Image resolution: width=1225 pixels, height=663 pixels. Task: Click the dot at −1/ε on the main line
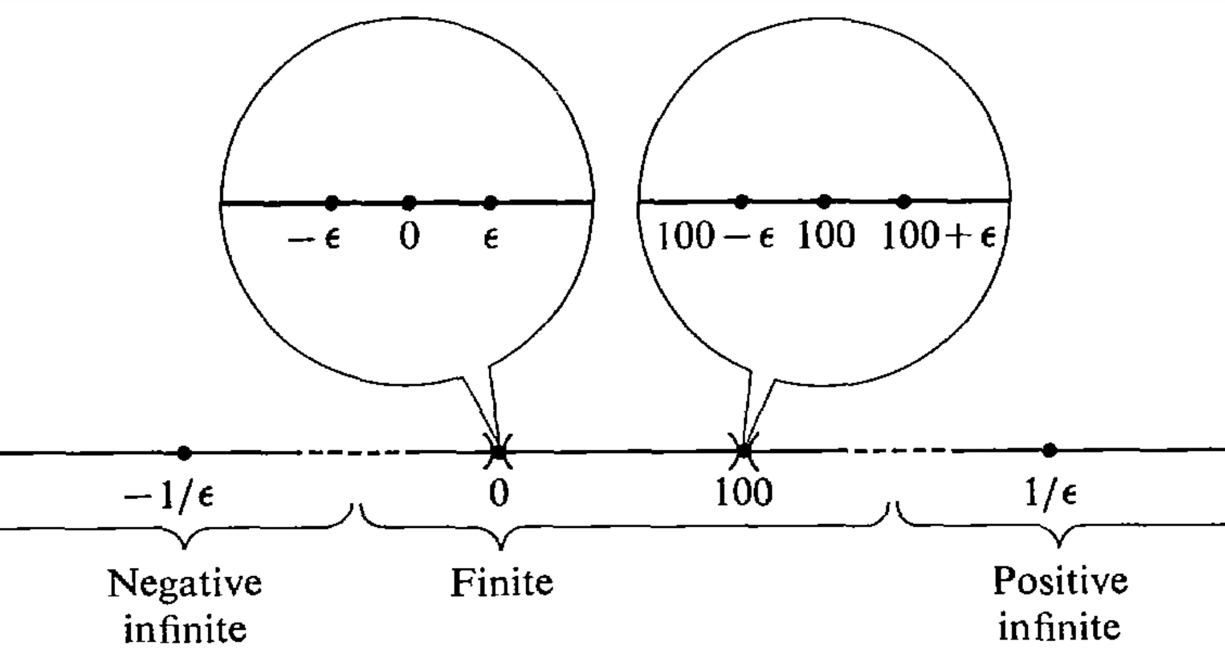coord(183,452)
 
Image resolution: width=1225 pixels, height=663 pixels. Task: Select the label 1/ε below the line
coord(1050,493)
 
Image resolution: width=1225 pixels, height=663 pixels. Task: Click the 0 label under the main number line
coord(499,493)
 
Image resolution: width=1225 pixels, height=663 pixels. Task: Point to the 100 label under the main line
coord(744,493)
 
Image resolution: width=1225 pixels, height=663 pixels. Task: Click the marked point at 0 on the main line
coord(499,451)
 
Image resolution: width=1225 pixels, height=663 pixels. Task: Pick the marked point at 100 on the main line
coord(743,450)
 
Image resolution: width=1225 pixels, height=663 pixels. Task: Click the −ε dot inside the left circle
coord(332,203)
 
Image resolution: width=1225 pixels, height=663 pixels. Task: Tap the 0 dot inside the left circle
coord(409,203)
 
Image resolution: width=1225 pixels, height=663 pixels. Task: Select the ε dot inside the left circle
coord(491,203)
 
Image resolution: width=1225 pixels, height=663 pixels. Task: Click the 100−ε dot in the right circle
coord(741,201)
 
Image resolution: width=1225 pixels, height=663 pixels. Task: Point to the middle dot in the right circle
coord(825,201)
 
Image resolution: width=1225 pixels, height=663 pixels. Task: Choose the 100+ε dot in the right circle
coord(903,201)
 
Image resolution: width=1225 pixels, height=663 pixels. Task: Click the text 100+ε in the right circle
coord(938,236)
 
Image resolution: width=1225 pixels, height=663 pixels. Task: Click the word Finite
coord(502,583)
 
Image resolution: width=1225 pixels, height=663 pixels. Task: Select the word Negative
coord(185,583)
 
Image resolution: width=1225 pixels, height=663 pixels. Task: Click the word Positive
coord(1060,582)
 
